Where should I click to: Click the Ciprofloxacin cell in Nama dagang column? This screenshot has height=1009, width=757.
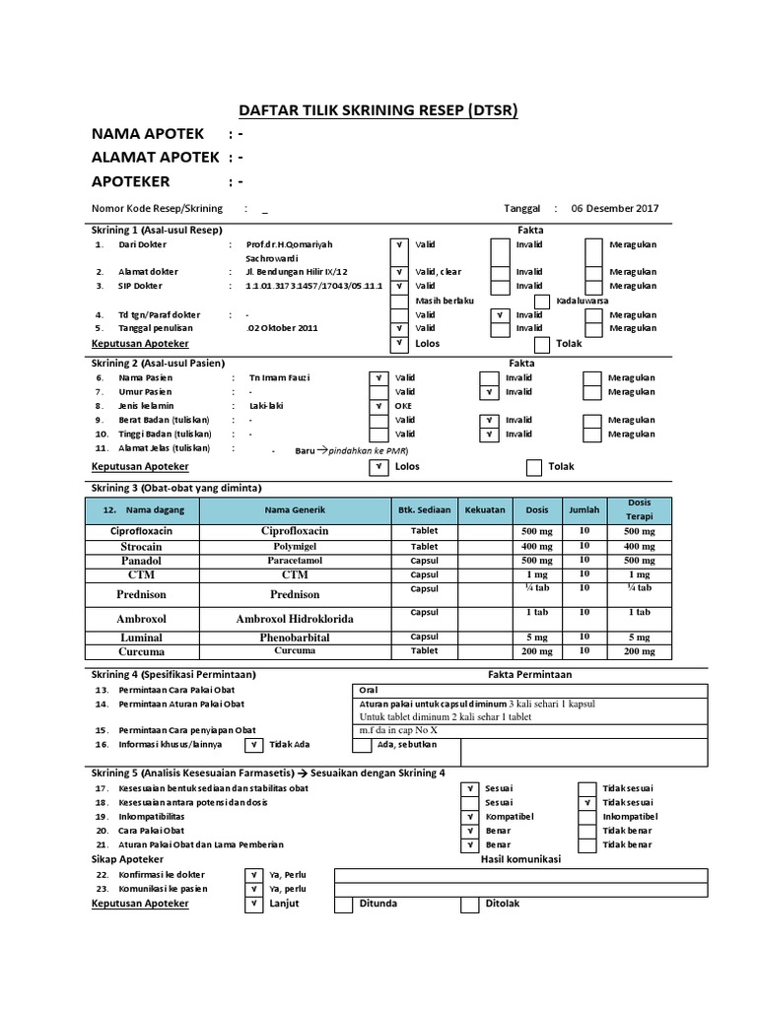click(x=141, y=531)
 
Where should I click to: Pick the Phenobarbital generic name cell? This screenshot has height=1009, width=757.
click(x=294, y=638)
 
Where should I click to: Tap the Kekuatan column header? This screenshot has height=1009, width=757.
click(x=484, y=510)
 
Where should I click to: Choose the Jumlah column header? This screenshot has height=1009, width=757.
click(x=584, y=510)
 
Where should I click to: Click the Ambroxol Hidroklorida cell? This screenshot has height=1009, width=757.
click(x=294, y=618)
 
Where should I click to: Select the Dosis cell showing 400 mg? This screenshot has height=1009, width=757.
click(x=537, y=546)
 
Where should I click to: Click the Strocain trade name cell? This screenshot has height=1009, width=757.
click(x=141, y=546)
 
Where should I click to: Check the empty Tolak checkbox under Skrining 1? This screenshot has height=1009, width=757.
click(x=541, y=344)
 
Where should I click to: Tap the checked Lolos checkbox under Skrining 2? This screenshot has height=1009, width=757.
click(x=377, y=467)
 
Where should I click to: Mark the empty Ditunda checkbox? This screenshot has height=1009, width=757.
click(x=343, y=904)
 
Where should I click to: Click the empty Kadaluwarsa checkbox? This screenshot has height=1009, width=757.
click(x=541, y=301)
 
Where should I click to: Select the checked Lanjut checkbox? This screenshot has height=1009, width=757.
click(x=253, y=904)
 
